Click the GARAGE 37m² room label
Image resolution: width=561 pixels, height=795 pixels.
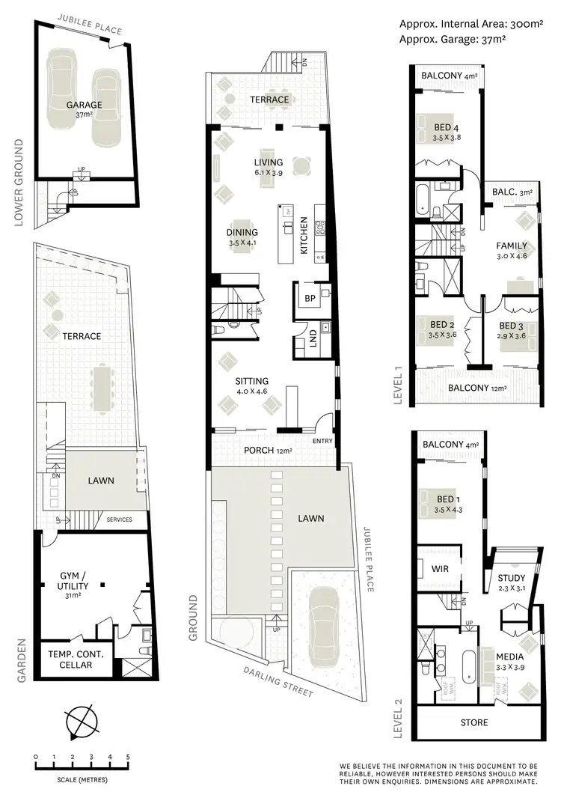[x=83, y=109]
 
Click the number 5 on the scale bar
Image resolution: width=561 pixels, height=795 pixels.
[x=128, y=757]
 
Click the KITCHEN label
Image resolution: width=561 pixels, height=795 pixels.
[x=304, y=237]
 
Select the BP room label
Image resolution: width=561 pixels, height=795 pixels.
[x=309, y=297]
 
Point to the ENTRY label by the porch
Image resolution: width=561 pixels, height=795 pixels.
[x=323, y=441]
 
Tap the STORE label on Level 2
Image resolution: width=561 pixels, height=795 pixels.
[x=474, y=722]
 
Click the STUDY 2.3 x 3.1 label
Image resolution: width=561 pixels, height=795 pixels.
[x=512, y=582]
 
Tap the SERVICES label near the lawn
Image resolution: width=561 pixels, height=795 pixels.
[x=120, y=520]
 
